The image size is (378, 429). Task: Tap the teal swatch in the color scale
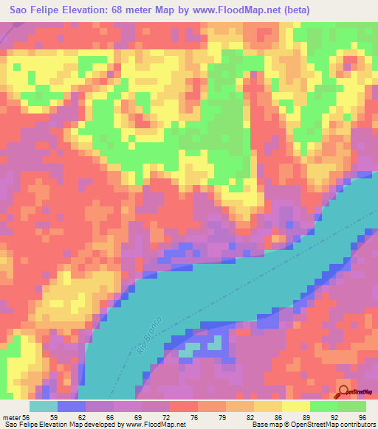(44, 406)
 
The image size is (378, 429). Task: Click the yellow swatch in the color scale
(296, 406)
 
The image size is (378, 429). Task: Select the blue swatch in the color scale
(72, 406)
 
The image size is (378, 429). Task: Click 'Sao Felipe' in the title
(32, 10)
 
